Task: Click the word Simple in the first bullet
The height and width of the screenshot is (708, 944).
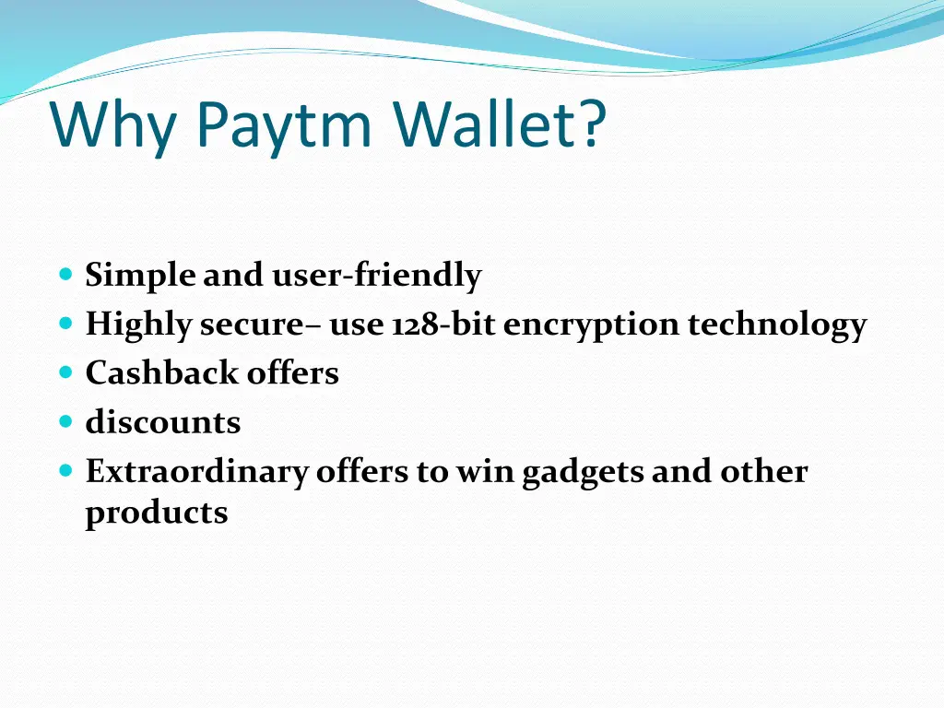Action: (140, 276)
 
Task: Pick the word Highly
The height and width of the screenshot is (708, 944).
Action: (138, 324)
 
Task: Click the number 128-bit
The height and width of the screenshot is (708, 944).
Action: (443, 324)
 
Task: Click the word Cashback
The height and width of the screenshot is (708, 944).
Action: (148, 373)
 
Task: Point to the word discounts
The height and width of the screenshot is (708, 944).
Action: (163, 422)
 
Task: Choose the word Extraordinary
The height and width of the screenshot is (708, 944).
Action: (196, 471)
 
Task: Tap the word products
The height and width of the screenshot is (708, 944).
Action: (157, 512)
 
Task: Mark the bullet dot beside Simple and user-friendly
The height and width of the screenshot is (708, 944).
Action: (65, 275)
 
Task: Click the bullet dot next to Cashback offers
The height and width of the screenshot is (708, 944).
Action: (65, 372)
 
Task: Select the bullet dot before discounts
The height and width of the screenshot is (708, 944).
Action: (65, 421)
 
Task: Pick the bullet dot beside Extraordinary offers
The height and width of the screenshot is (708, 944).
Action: (65, 470)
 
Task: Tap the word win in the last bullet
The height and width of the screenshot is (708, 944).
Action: (484, 471)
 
